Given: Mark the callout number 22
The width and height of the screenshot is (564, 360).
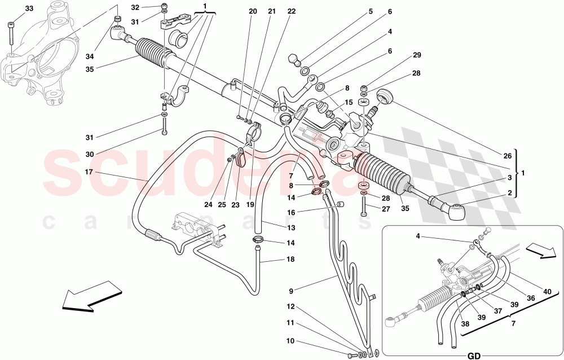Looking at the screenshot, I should [x=291, y=11].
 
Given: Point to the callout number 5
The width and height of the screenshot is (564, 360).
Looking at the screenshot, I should [x=371, y=11].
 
